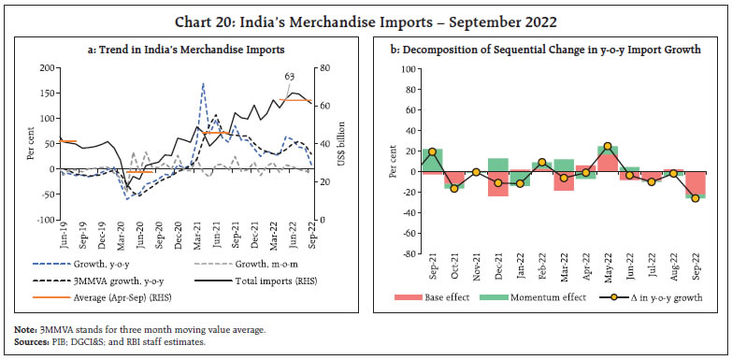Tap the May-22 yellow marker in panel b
[608, 147]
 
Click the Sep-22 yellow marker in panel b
[695, 198]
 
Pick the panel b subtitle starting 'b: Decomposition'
[551, 47]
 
